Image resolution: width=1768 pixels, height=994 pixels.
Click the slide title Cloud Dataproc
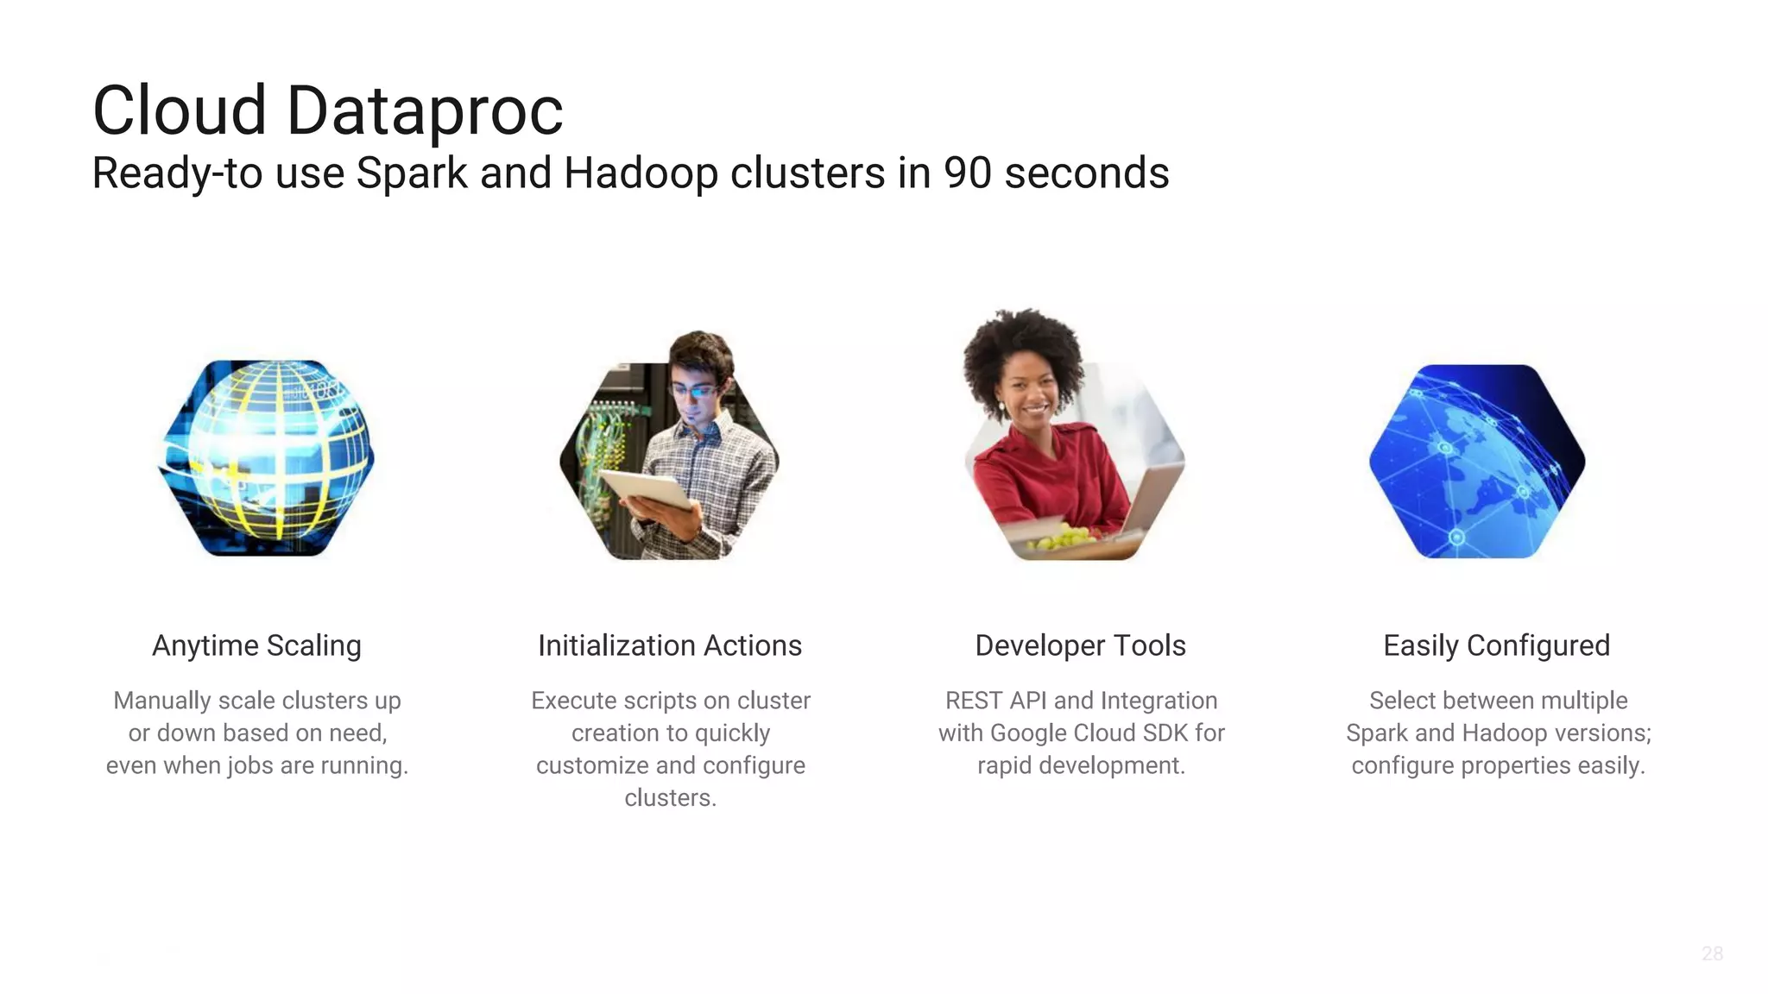327,110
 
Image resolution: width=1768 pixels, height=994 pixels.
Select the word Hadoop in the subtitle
641,173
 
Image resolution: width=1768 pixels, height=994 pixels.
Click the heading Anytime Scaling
256,645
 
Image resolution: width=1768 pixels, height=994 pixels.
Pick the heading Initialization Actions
670,645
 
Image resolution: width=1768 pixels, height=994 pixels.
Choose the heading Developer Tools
1080,645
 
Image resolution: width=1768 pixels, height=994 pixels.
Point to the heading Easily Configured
1496,645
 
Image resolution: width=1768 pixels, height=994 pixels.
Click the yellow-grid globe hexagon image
266,458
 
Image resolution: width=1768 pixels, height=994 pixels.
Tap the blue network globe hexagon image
1477,462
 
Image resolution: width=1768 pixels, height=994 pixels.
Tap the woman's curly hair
1024,345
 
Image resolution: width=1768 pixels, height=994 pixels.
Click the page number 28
1712,953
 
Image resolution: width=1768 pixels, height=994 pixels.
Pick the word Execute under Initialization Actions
574,701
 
